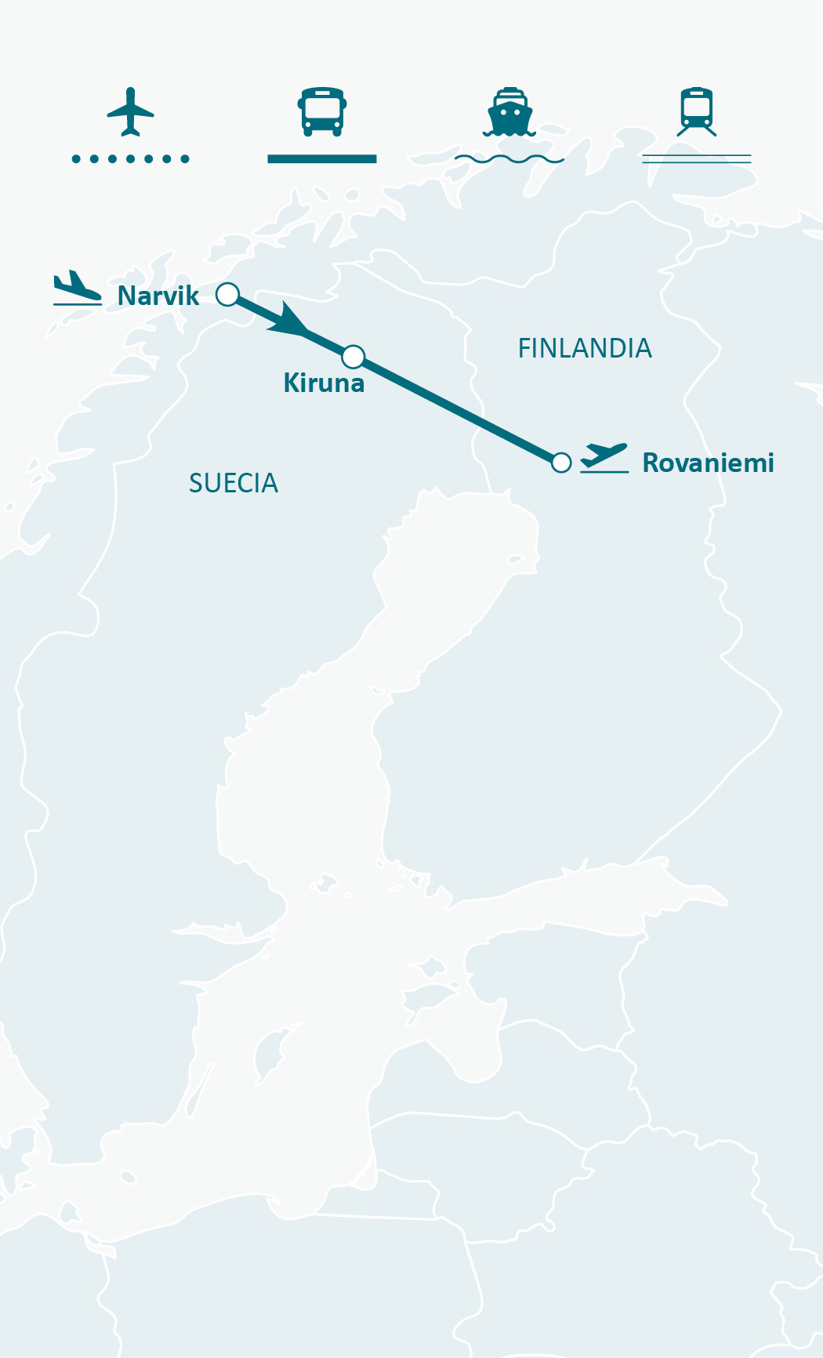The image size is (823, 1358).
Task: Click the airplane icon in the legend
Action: click(130, 111)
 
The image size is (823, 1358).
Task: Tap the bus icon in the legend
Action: click(321, 111)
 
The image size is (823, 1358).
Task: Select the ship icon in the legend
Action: click(509, 112)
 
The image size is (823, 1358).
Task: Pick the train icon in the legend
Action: click(697, 112)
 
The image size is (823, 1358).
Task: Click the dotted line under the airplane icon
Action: click(130, 159)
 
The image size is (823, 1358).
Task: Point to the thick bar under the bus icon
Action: click(321, 159)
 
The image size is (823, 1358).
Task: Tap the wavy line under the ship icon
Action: click(509, 159)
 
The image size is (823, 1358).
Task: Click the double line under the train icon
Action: click(697, 159)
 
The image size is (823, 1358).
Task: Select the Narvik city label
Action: click(158, 296)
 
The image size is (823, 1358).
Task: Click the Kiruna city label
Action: click(324, 383)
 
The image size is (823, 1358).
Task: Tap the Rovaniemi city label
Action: click(708, 463)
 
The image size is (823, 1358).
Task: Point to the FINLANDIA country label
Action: click(585, 348)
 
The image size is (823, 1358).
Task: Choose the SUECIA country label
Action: click(234, 483)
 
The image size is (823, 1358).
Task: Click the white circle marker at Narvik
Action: click(227, 294)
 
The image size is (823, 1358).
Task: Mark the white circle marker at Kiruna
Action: click(353, 357)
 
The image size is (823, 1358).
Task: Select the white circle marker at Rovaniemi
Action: click(561, 463)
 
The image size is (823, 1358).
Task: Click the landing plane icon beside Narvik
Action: click(77, 289)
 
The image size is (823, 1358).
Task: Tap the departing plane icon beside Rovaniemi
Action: click(604, 457)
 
